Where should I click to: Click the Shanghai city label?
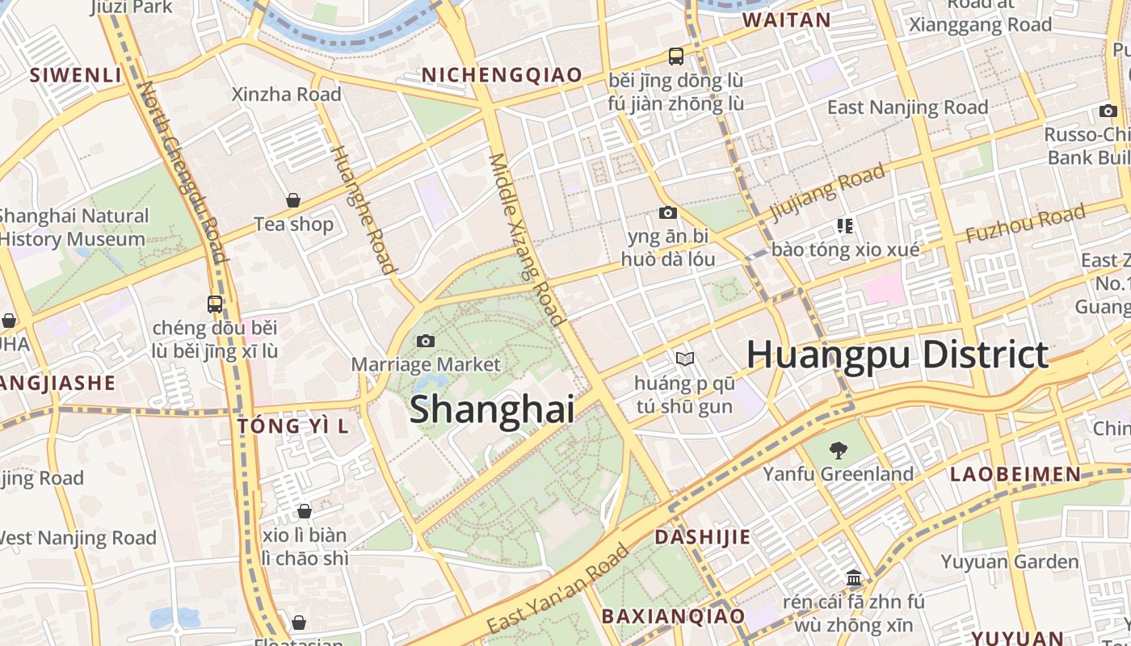click(492, 409)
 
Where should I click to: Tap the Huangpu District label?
click(897, 355)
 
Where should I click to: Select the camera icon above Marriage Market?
click(426, 342)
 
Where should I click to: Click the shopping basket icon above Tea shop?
click(293, 200)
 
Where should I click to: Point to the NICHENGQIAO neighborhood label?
click(502, 75)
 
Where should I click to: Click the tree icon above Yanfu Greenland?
click(838, 451)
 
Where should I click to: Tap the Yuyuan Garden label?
click(1009, 561)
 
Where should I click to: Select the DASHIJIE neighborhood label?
click(702, 537)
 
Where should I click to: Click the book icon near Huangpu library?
click(684, 359)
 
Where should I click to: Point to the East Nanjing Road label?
click(907, 107)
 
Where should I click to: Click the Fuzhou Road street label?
click(1025, 224)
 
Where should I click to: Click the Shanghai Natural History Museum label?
click(73, 228)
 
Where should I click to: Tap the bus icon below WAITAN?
click(676, 57)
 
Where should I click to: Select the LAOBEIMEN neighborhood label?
click(1015, 474)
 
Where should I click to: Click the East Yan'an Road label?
click(558, 589)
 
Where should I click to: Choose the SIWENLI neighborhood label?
click(75, 75)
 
